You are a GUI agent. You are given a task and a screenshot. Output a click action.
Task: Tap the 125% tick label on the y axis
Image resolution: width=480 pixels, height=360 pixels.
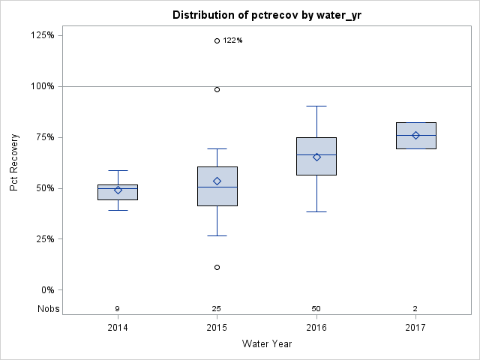coord(43,35)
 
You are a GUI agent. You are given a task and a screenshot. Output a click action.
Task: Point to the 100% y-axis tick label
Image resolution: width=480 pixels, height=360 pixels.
coord(43,86)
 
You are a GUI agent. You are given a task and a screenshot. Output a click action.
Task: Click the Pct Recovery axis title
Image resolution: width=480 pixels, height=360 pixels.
coord(15,163)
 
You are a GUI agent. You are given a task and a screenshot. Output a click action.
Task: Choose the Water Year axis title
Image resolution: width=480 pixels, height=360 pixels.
coord(267,344)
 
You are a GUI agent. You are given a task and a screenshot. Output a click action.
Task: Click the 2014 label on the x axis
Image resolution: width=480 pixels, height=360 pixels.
coord(118,328)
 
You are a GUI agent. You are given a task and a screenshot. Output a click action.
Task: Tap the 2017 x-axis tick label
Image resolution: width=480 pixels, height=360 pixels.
coord(415,328)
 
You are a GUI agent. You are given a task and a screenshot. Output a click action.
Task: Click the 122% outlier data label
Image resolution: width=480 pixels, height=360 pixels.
coord(233,40)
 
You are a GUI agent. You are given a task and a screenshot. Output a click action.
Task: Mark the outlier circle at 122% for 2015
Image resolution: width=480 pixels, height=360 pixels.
coord(217,40)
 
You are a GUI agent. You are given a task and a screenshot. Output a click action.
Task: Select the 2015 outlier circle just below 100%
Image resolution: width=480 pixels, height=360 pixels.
coord(217,89)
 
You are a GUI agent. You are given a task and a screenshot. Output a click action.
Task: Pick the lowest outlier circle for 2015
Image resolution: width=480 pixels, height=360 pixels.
coord(217,267)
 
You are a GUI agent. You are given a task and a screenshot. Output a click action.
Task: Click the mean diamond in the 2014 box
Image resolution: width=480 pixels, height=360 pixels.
coord(118,190)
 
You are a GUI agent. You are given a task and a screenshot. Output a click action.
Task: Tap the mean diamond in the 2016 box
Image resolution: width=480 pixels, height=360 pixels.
coord(316,157)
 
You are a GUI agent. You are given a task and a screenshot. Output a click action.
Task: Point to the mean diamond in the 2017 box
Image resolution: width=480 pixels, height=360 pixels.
coord(415,135)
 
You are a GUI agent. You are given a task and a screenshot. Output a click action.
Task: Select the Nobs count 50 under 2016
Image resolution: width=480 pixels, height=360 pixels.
coord(316,309)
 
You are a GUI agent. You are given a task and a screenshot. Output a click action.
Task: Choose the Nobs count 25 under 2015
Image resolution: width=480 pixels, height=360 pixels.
coord(217,309)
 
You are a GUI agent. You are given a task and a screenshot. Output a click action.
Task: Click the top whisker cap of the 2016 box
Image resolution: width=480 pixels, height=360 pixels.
coord(316,106)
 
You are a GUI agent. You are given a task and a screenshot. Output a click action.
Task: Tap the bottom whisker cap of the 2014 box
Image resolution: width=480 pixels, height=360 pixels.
coord(118,210)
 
